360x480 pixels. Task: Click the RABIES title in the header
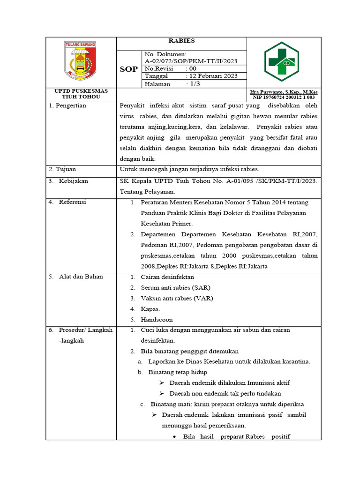pos(181,41)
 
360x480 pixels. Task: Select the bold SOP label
pos(128,69)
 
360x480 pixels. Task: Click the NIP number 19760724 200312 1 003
pos(284,97)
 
